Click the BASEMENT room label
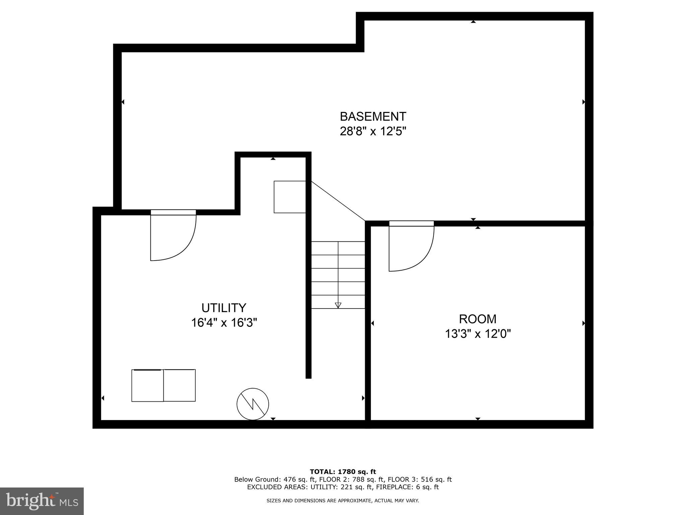click(373, 117)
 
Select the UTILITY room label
click(224, 308)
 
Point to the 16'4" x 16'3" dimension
click(224, 323)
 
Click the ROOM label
click(477, 319)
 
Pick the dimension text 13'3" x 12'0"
click(477, 334)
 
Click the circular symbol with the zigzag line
click(253, 404)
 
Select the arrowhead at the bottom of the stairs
click(338, 305)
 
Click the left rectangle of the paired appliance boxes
click(147, 386)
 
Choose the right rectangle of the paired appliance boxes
click(180, 386)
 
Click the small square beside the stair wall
click(290, 197)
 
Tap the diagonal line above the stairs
click(338, 201)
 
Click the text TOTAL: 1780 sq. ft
click(343, 472)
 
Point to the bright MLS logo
click(42, 501)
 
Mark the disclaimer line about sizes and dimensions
click(343, 501)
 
